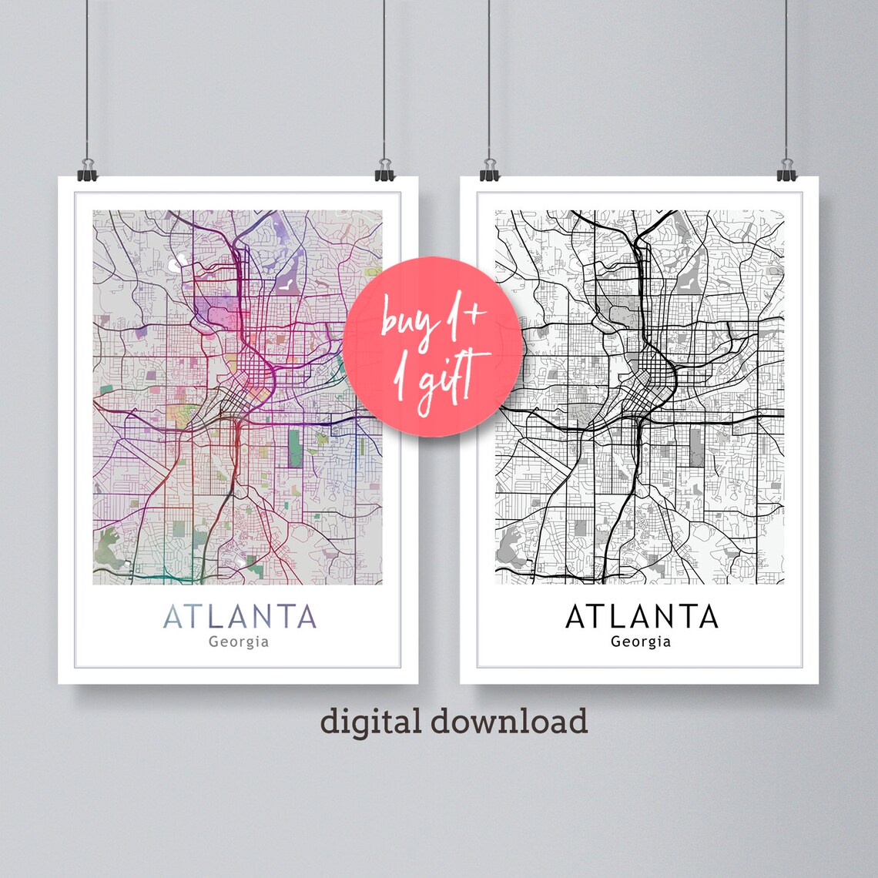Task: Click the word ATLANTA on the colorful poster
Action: [240, 616]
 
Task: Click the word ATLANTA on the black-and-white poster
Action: [642, 616]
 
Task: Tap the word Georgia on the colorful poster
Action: [239, 641]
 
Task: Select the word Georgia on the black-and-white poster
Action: [641, 641]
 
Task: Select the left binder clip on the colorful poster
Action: [87, 170]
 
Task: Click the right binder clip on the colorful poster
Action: [384, 170]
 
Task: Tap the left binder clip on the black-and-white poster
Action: [489, 170]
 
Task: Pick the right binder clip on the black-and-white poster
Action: [786, 170]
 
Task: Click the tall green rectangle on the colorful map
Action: [296, 448]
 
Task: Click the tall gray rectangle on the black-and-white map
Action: [696, 448]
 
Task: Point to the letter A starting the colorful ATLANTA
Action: [173, 616]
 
